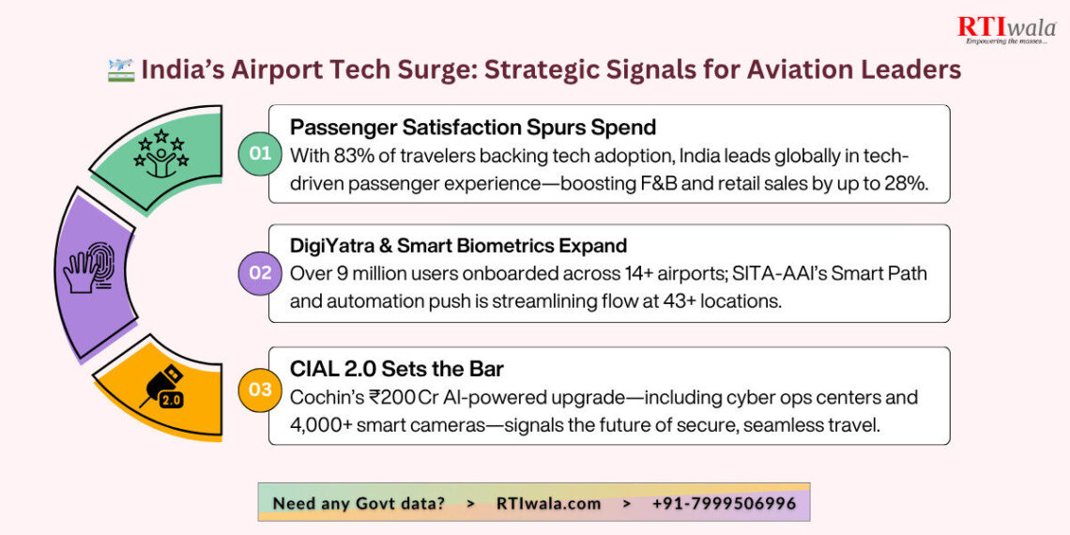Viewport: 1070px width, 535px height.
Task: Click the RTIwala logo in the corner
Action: coord(1005,30)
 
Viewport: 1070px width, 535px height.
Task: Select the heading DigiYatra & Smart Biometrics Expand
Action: coord(458,246)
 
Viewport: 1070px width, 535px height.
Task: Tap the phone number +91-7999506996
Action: coord(724,503)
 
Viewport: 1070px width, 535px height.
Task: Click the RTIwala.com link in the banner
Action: coord(548,503)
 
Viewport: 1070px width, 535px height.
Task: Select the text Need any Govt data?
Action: coord(359,503)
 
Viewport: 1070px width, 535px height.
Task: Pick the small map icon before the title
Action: coord(121,70)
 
